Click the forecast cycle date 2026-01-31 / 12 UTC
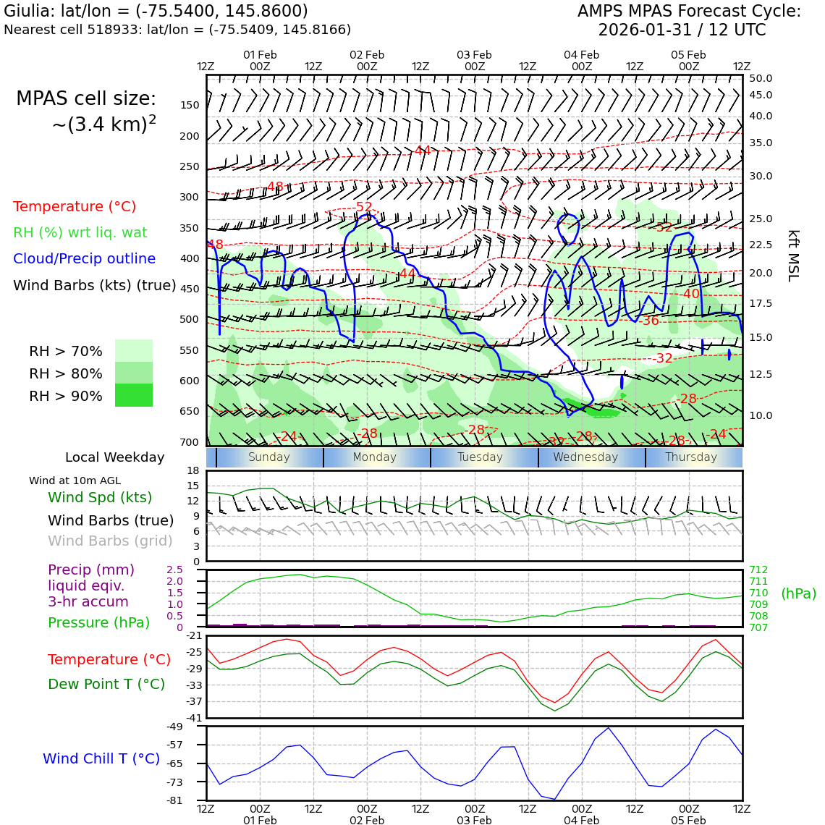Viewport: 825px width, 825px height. point(681,30)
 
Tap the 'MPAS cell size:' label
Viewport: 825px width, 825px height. point(86,99)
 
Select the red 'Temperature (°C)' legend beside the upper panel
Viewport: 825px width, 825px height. point(75,206)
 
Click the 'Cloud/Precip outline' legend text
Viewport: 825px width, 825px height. point(84,258)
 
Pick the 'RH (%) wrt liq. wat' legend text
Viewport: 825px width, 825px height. point(80,232)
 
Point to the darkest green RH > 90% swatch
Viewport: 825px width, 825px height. point(134,395)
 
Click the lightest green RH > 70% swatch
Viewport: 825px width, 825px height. point(134,351)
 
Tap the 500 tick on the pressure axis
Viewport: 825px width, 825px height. point(189,319)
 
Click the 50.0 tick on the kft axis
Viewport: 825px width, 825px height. point(761,78)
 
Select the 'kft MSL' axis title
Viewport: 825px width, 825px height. point(793,255)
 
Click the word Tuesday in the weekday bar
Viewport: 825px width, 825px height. point(480,457)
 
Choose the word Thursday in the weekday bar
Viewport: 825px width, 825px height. point(691,457)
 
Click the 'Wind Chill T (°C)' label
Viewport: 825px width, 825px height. point(101,758)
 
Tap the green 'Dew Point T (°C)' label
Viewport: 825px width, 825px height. point(106,684)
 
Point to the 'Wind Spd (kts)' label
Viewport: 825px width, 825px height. point(100,497)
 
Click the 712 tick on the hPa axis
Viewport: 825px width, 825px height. point(758,570)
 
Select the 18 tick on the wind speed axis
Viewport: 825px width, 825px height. point(192,470)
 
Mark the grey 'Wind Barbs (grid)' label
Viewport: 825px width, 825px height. point(110,541)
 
